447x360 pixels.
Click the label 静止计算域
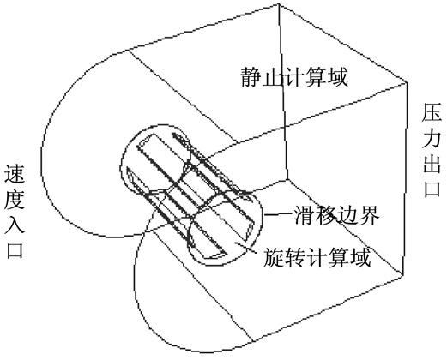pos(294,77)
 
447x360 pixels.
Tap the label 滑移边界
pos(336,215)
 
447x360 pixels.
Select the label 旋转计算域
pos(317,257)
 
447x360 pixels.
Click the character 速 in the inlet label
pos(15,174)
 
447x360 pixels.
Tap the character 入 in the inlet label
pos(15,225)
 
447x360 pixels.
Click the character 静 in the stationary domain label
pos(251,77)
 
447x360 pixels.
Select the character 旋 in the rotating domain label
pos(273,257)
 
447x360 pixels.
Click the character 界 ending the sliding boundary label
pos(369,215)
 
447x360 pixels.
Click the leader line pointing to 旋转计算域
pos(245,248)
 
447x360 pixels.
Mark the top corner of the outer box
pos(279,5)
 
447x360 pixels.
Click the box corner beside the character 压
pos(407,82)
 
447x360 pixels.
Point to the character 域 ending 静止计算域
pos(338,77)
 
